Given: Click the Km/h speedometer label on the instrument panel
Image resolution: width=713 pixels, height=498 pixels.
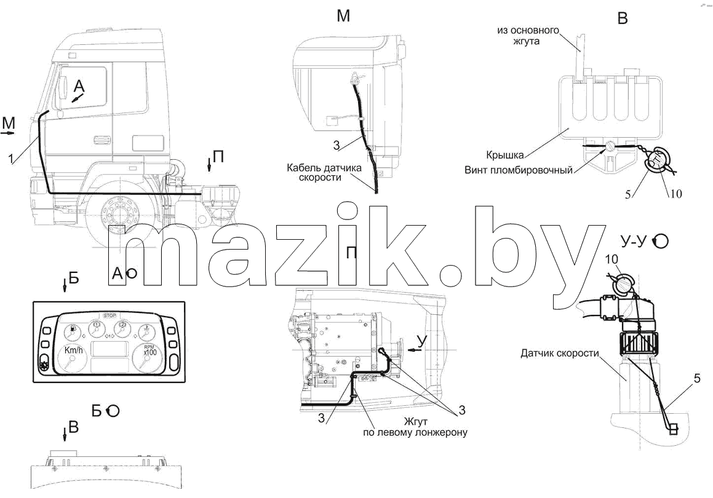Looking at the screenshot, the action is point(74,350).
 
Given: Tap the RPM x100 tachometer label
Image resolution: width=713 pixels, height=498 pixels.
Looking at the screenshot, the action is point(149,350).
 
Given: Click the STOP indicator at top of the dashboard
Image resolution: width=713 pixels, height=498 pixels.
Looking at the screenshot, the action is point(110,315).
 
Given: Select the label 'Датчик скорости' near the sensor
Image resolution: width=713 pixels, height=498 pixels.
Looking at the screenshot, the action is point(560,353).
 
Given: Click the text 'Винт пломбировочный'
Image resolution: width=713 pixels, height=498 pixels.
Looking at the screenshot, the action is point(519,170).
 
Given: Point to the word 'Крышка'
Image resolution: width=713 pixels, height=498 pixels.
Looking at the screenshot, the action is point(504,155).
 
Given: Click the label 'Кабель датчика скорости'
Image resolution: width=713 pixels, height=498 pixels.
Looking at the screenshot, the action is point(324,173).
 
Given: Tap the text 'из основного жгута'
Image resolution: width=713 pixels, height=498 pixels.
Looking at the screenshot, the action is point(528,36).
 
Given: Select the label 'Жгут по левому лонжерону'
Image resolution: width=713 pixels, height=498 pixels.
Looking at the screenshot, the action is point(415,427).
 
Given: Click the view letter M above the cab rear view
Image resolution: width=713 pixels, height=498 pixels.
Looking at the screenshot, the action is point(343,16).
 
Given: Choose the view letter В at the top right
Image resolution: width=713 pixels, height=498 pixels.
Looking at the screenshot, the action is point(623,18).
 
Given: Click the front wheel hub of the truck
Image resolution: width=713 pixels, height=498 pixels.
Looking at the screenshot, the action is point(117,213).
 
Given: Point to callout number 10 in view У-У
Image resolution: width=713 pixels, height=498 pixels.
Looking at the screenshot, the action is point(611,259).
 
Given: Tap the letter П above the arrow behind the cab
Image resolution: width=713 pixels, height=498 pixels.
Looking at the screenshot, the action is point(219,157).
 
